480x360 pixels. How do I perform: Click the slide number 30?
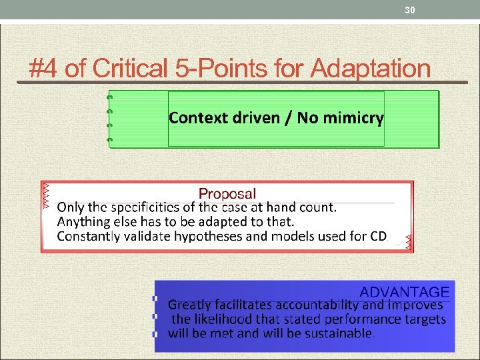(x=410, y=9)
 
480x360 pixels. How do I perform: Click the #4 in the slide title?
(x=44, y=68)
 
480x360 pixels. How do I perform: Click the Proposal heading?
(x=227, y=194)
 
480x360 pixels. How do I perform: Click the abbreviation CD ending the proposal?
(x=377, y=236)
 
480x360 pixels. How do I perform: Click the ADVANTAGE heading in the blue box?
(x=405, y=292)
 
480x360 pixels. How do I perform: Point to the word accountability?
(x=317, y=305)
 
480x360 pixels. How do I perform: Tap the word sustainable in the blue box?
(x=339, y=333)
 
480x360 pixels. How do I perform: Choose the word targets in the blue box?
(x=423, y=319)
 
